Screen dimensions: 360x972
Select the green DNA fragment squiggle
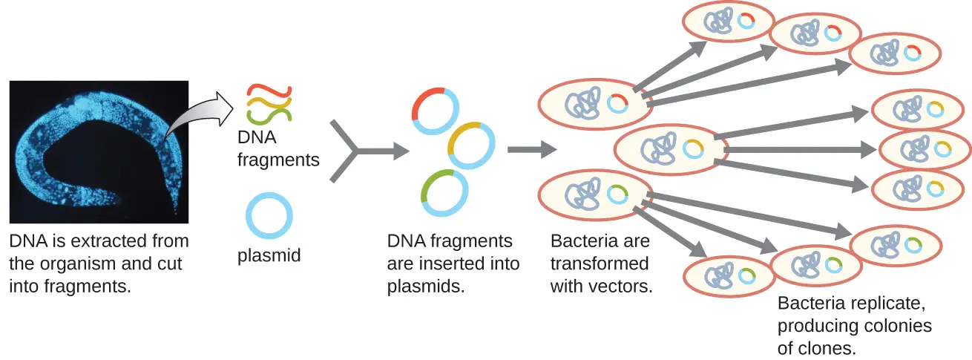click(x=269, y=114)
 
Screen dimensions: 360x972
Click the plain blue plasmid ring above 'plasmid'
click(x=269, y=216)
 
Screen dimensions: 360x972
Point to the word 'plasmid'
click(x=269, y=256)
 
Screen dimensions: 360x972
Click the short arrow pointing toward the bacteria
click(x=531, y=150)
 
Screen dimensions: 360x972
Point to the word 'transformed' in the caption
click(x=600, y=264)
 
